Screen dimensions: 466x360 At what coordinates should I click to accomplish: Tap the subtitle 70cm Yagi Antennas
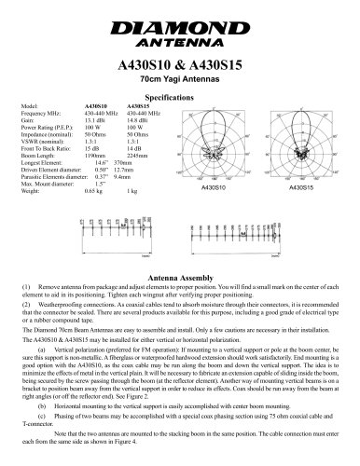(179, 82)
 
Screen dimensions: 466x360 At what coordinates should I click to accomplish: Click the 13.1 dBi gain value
(94, 119)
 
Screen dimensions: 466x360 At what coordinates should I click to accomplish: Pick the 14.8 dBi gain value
(136, 119)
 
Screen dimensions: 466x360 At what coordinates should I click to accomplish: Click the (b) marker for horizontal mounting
(43, 407)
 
